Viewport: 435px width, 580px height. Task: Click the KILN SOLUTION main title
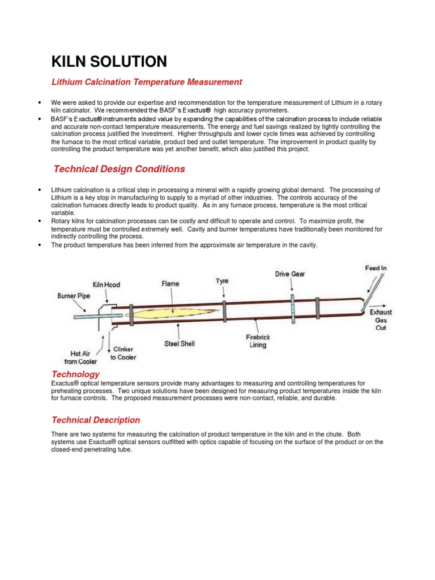109,62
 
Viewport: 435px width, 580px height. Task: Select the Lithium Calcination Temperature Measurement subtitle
147,82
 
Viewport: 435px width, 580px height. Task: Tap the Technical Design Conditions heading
119,169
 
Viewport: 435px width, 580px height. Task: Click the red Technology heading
75,374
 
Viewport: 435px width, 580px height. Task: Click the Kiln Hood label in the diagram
106,284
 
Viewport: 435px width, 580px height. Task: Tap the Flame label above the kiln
170,283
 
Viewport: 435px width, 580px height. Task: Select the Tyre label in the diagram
223,280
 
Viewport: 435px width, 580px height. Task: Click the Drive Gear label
290,274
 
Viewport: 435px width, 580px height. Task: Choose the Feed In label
376,267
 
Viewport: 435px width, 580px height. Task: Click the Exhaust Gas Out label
381,320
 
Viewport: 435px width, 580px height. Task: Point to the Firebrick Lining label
258,340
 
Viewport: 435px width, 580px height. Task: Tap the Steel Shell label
179,343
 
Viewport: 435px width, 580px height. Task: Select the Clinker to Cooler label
123,353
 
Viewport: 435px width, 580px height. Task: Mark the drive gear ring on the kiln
293,308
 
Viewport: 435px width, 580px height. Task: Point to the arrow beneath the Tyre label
224,292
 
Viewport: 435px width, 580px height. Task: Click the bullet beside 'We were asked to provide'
40,103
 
